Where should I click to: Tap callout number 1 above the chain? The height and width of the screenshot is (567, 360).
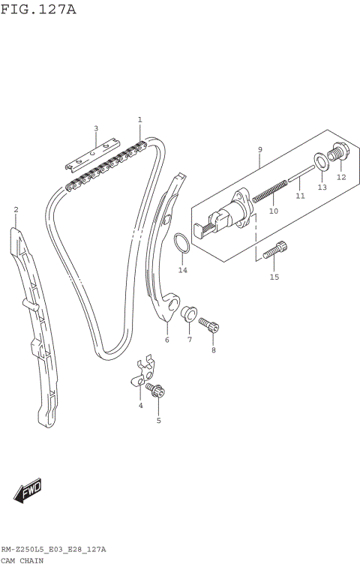point(139,119)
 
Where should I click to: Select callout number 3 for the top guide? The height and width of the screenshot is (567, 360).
point(96,128)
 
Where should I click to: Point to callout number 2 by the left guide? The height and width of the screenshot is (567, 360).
point(16,209)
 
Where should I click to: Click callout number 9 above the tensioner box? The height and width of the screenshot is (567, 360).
point(259,149)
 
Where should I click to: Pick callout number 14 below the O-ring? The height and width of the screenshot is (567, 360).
point(182,269)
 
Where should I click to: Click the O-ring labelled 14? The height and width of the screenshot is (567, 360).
point(181,244)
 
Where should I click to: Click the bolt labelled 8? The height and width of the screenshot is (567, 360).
point(209,325)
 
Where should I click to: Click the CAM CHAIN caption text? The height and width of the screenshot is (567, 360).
point(22,561)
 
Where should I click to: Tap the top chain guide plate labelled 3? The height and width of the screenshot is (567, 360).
point(93,154)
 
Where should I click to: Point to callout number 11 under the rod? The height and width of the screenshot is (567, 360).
point(300,196)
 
